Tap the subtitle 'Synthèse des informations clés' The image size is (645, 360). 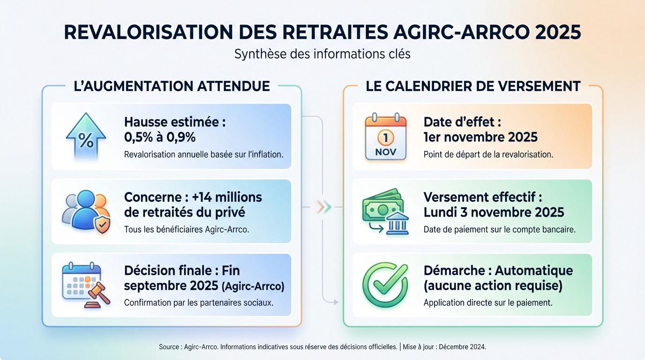pyautogui.click(x=322, y=54)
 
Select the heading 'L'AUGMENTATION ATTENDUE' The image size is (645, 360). pyautogui.click(x=172, y=86)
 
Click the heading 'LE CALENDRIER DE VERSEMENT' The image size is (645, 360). pyautogui.click(x=473, y=86)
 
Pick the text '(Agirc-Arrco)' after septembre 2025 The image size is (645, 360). pyautogui.click(x=252, y=286)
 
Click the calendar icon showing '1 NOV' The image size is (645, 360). pyautogui.click(x=385, y=136)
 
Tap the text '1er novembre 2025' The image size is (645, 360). pyautogui.click(x=480, y=137)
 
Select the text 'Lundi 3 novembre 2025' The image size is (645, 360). pyautogui.click(x=494, y=212)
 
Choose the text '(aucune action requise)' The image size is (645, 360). pyautogui.click(x=493, y=285)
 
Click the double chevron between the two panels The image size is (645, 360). pyautogui.click(x=323, y=207)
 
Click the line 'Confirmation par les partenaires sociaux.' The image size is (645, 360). pyautogui.click(x=199, y=303)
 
